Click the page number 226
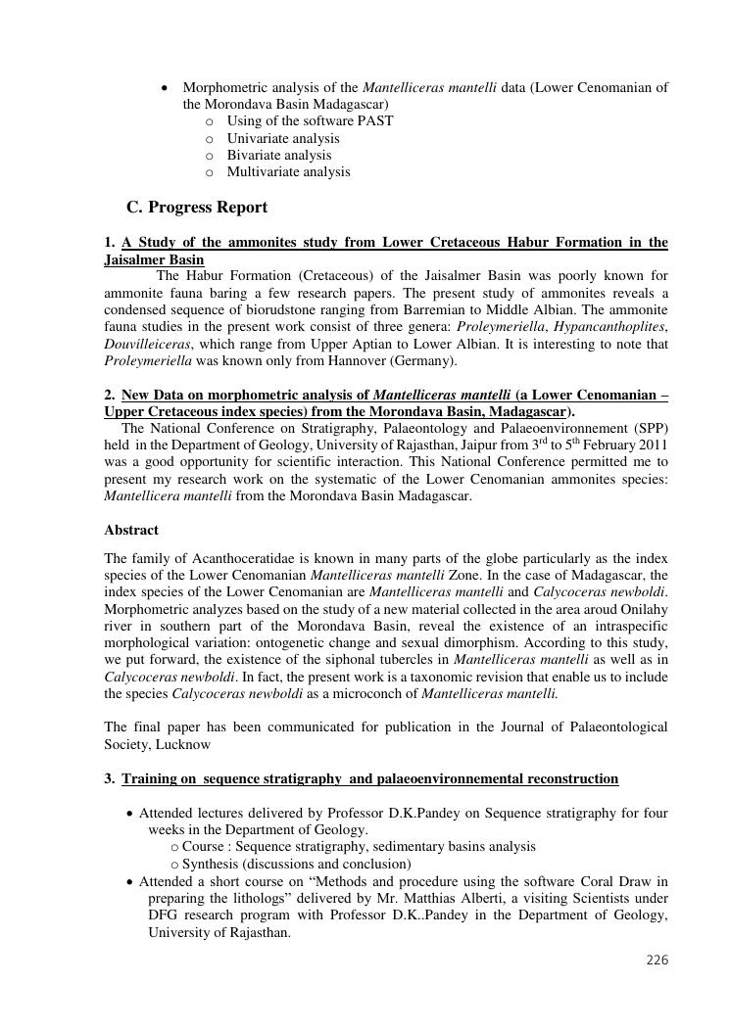click(x=657, y=961)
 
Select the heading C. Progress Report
click(x=197, y=208)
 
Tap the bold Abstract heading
click(x=131, y=530)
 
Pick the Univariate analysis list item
click(x=283, y=138)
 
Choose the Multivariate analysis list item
click(x=288, y=172)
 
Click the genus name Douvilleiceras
click(x=148, y=345)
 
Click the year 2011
click(x=652, y=445)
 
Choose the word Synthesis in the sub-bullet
click(x=214, y=864)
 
